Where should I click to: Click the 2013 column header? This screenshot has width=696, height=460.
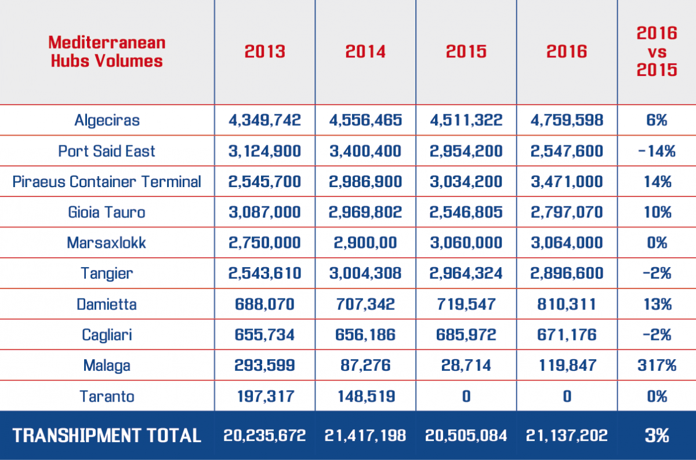[264, 52]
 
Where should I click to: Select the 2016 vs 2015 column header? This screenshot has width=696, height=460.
[657, 52]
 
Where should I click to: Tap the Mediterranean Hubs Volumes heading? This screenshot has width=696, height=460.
[107, 52]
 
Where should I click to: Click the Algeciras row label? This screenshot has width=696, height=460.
[107, 121]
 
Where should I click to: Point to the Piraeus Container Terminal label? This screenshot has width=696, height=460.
[107, 181]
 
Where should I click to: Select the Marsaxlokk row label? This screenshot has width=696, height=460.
[107, 242]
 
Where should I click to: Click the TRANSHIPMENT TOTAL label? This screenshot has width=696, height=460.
[107, 436]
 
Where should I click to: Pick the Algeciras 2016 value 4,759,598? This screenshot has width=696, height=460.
[567, 121]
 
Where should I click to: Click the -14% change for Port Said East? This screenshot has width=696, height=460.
[657, 151]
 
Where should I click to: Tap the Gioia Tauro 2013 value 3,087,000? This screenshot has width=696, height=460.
[264, 212]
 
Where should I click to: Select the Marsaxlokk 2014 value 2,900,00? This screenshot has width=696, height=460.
[365, 242]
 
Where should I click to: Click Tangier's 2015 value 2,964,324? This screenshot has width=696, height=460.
[466, 273]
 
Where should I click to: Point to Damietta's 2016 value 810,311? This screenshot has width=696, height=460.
[567, 304]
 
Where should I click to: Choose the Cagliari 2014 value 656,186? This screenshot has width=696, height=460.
[365, 334]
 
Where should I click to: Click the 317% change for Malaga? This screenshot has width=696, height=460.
[657, 365]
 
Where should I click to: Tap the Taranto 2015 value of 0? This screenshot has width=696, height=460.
[466, 396]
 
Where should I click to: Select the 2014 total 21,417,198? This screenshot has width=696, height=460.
[365, 436]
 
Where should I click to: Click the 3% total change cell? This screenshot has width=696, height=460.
[657, 436]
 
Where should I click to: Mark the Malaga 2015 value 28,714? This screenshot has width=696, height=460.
[466, 365]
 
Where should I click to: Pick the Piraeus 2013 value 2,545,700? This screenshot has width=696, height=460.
[264, 181]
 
